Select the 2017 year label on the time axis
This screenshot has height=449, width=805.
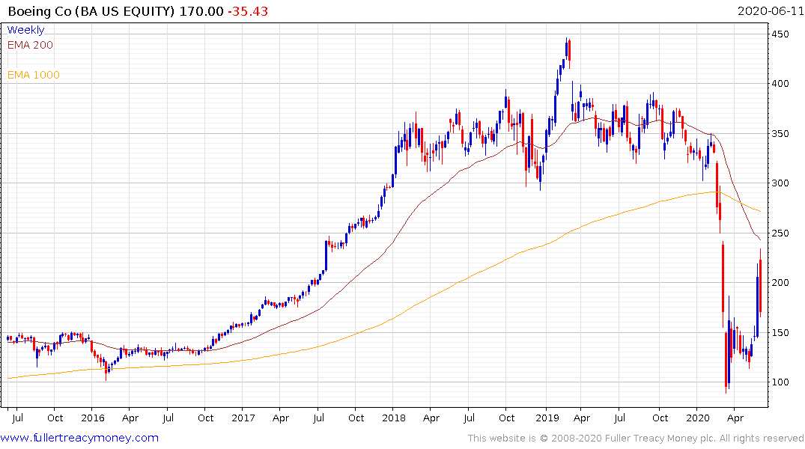click(243, 418)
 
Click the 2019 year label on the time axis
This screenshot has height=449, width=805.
click(546, 418)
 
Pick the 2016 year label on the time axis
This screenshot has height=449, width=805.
click(92, 418)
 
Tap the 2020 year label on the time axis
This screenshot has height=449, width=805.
click(697, 418)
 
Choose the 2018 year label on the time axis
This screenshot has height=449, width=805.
click(395, 418)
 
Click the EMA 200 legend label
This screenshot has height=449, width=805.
click(30, 45)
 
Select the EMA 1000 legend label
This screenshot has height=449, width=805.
click(34, 75)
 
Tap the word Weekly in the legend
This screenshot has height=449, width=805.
click(25, 30)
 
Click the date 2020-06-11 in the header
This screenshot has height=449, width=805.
click(770, 11)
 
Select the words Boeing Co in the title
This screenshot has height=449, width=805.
click(38, 11)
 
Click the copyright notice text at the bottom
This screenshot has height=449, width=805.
click(635, 439)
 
